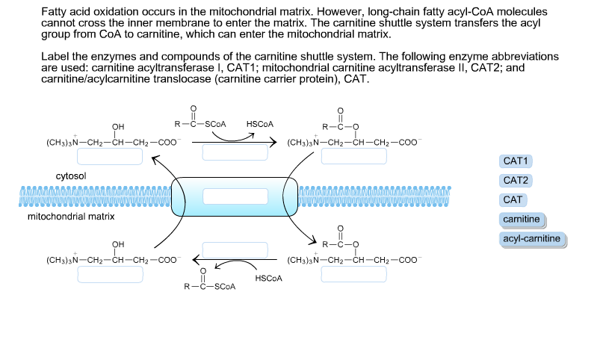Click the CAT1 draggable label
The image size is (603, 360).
516,161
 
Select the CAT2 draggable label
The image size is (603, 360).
516,180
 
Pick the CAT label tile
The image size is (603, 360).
513,199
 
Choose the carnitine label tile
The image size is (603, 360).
522,219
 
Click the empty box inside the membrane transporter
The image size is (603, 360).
235,196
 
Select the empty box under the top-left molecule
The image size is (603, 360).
109,155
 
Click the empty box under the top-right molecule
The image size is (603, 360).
354,155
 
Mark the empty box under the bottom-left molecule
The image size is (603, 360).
109,273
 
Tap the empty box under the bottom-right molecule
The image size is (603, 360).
354,273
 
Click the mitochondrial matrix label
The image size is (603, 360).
71,217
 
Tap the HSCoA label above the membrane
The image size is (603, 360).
260,123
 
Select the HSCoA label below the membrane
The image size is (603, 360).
269,278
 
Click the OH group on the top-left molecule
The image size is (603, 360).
118,126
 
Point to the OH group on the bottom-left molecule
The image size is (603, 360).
118,244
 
